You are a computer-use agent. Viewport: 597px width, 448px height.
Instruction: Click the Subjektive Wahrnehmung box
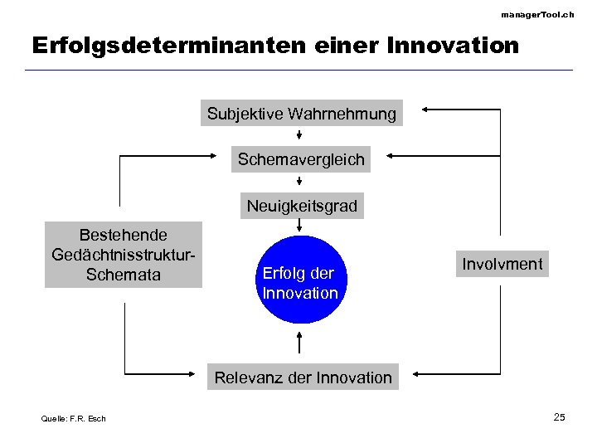pos(301,114)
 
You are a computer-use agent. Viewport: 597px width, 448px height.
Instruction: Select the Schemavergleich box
pos(301,159)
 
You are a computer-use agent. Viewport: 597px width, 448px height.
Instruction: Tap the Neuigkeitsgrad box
pos(301,206)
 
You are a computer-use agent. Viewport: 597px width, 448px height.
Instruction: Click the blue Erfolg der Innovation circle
pos(299,283)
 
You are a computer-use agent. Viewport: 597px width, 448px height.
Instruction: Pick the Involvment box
pos(502,265)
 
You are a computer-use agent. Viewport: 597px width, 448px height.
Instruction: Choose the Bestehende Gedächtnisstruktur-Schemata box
pos(123,255)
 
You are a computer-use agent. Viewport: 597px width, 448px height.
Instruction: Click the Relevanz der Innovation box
pos(303,377)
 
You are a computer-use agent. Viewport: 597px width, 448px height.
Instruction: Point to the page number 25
pos(559,416)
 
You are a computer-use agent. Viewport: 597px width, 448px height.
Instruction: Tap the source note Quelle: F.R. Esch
pos(74,418)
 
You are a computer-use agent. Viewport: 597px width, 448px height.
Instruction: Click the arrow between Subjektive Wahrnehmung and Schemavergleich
pos(299,136)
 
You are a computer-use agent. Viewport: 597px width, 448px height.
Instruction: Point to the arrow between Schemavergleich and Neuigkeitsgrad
pos(299,183)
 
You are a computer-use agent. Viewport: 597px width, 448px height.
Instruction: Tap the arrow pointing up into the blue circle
pos(299,342)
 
